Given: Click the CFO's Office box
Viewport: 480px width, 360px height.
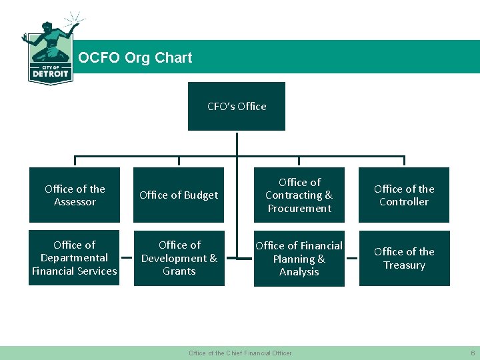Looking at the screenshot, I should point(237,106).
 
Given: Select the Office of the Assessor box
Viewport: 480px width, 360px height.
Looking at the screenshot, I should point(75,195).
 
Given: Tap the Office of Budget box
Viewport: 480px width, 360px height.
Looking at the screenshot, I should point(179,195).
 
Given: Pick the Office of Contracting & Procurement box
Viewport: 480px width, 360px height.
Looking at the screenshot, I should point(299,195).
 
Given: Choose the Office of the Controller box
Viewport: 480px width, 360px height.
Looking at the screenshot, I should point(404,195).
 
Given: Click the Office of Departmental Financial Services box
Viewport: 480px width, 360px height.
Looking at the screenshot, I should point(74,258).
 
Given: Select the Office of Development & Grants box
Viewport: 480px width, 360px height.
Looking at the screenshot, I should point(179,258).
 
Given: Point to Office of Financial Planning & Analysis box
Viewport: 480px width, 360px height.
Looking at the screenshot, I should point(299,259).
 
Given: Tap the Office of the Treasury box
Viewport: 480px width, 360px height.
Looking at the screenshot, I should point(404,258).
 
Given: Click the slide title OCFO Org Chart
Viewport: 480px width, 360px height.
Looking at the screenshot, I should point(135,58).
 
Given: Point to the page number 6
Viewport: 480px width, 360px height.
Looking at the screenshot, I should point(472,353).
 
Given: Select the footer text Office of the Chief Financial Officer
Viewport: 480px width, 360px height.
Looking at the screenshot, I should point(240,353).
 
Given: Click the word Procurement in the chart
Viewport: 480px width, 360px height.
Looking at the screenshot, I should point(299,209).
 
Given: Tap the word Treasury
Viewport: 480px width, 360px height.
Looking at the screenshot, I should point(404,265).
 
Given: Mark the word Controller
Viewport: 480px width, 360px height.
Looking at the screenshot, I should point(404,202).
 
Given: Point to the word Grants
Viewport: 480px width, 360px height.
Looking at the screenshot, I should point(179,271).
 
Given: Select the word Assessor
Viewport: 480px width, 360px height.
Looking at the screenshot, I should point(75,202).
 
